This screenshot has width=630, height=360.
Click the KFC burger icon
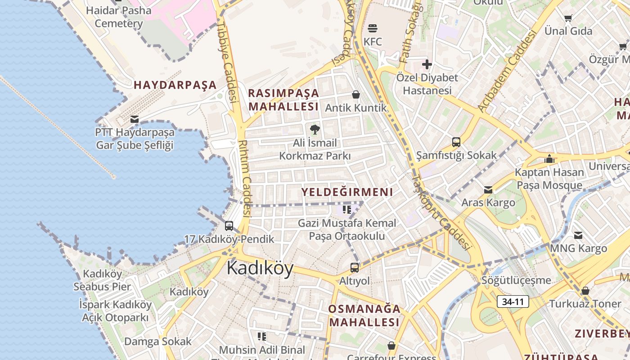(373, 28)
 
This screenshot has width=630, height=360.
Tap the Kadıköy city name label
(260, 268)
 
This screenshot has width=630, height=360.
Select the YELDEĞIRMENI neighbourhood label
(347, 192)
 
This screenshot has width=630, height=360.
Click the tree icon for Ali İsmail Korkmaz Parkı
(315, 130)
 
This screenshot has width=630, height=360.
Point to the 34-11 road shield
(513, 301)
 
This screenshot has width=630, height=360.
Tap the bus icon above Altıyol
(355, 268)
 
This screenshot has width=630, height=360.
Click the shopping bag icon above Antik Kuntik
(356, 94)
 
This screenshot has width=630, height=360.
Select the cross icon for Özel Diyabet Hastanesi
(427, 64)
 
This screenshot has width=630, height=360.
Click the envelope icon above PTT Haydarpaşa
(134, 119)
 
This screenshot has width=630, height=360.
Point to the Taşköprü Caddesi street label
(441, 212)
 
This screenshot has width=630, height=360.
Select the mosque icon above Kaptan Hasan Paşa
(549, 159)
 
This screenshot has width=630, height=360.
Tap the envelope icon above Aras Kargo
(488, 190)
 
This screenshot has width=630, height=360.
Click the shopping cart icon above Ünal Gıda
(568, 18)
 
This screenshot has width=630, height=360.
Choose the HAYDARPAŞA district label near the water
(175, 85)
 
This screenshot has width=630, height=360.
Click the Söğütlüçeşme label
(516, 280)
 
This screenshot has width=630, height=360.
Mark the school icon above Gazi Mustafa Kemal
(347, 210)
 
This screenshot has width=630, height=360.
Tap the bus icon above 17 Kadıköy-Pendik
(229, 226)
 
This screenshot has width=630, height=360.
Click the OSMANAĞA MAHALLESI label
(364, 315)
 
